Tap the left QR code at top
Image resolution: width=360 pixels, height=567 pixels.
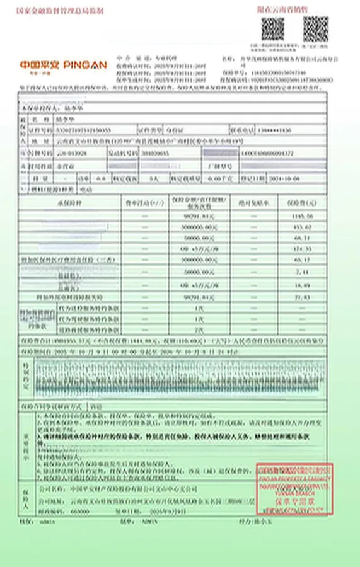click(x=272, y=29)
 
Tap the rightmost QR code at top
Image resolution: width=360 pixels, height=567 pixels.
click(x=315, y=29)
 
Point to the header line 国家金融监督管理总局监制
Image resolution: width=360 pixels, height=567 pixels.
click(x=60, y=11)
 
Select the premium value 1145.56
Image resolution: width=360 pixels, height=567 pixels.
click(x=303, y=215)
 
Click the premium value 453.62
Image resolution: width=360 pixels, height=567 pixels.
click(x=303, y=226)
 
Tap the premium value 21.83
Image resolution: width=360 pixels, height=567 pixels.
click(x=303, y=295)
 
